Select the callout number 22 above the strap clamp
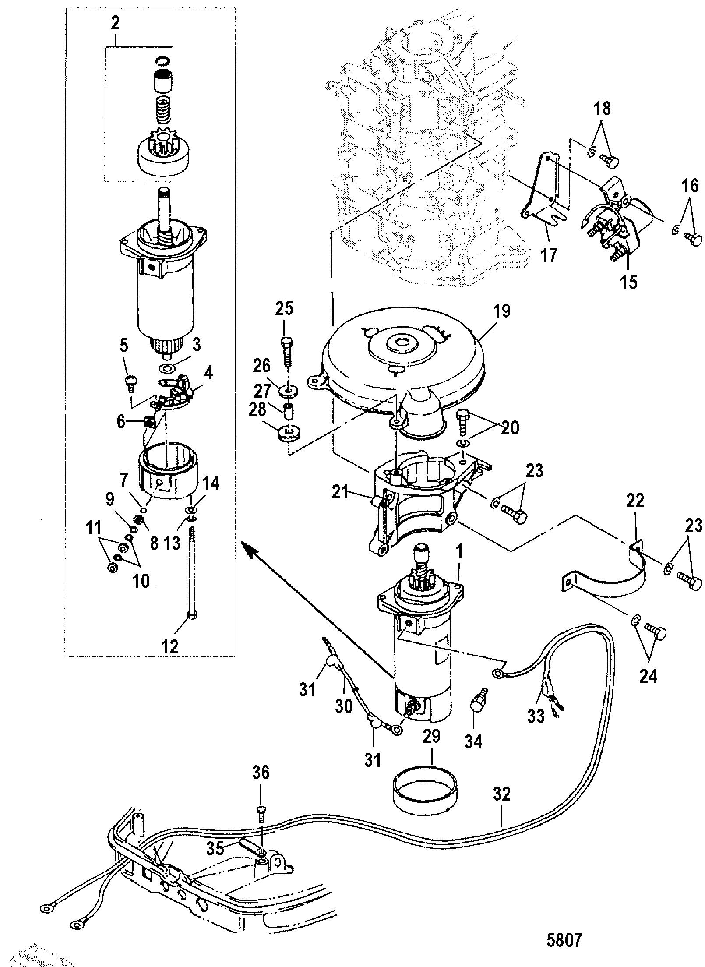pyautogui.click(x=635, y=500)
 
